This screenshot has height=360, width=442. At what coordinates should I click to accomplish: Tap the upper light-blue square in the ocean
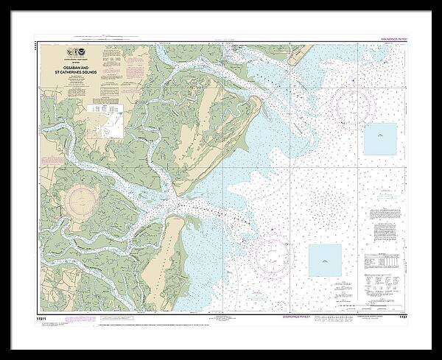point(380,138)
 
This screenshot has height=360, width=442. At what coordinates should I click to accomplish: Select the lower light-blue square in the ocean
point(324,260)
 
